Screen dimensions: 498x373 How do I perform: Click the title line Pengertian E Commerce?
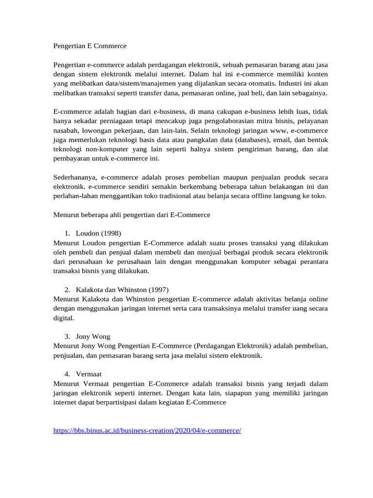tap(89, 46)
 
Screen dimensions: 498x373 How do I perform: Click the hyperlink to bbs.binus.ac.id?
tap(147, 431)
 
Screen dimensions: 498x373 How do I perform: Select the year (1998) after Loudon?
tap(111, 232)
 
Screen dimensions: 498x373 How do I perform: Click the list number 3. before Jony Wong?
tap(68, 336)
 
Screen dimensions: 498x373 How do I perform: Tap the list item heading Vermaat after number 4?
tap(89, 373)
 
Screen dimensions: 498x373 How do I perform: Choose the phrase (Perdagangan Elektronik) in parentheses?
tap(233, 346)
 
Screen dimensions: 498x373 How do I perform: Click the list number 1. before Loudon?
tap(68, 232)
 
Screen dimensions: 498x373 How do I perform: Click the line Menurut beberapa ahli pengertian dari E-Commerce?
tap(131, 214)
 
